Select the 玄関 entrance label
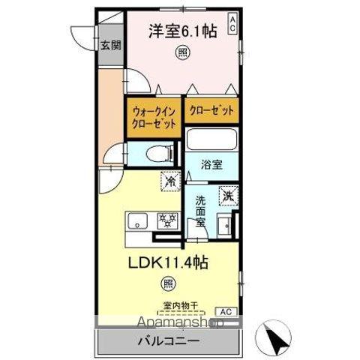(x=110, y=45)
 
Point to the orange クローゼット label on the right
(x=211, y=110)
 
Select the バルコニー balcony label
(x=169, y=342)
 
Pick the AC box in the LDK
(x=224, y=310)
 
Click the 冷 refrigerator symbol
(x=171, y=181)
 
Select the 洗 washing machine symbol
(x=226, y=196)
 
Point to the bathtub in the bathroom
(x=211, y=139)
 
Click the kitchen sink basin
(x=139, y=220)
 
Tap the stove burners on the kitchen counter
(x=166, y=220)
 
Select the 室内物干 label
(x=180, y=305)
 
